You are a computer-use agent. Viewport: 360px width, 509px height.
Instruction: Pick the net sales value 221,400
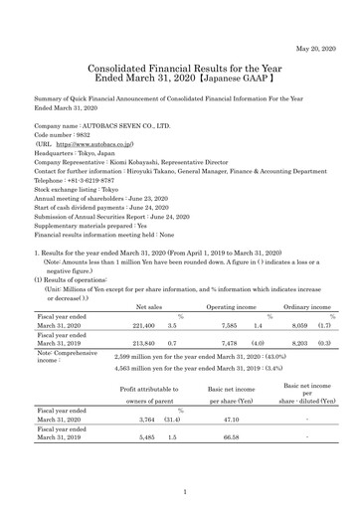point(144,297)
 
